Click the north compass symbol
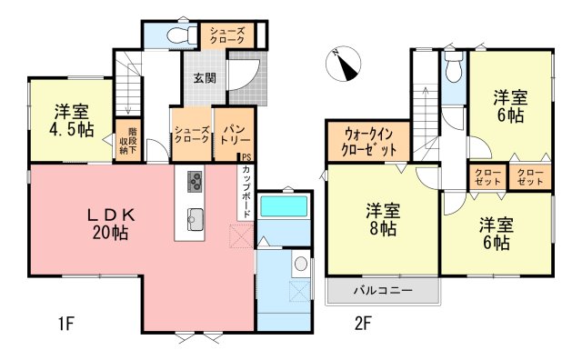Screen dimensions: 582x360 [344, 64]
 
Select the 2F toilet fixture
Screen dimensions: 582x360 [454, 66]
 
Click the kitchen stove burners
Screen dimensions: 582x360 [195, 182]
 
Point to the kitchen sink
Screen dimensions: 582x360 [196, 219]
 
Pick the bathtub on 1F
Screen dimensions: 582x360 [284, 206]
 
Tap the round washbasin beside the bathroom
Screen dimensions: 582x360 [301, 264]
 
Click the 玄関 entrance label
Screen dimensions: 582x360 [205, 78]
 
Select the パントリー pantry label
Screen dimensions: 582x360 [235, 135]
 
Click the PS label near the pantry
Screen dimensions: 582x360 [246, 157]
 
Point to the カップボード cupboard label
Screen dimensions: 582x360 [246, 192]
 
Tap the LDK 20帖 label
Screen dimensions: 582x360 [111, 225]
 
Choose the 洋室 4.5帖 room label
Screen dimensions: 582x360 [72, 121]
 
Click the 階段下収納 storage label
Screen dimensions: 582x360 [128, 141]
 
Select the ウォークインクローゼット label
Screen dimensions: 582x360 [368, 142]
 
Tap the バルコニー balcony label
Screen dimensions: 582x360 [383, 290]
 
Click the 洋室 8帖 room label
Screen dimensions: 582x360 [383, 219]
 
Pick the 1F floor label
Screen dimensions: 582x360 [66, 324]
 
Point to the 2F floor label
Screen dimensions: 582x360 [363, 324]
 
